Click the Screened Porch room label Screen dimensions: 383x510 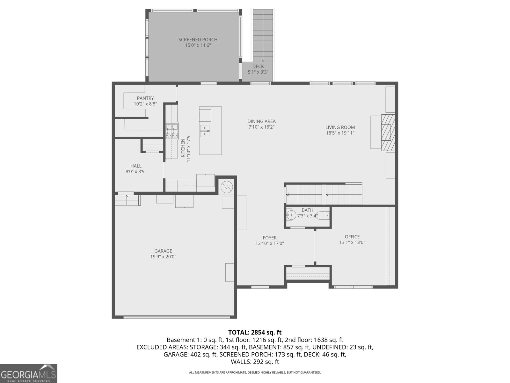point(198,40)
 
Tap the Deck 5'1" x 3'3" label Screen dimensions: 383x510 point(258,69)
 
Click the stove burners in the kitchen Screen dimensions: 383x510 point(171,131)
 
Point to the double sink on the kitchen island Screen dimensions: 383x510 point(204,131)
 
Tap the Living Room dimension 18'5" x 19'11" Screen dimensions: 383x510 point(340,133)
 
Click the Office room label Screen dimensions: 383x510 point(352,237)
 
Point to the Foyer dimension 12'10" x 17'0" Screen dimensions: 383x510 point(270,243)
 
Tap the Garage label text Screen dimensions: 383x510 point(163,251)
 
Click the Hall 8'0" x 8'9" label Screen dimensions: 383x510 point(136,169)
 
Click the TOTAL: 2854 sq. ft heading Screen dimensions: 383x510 point(255,333)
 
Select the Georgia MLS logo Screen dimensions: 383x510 point(28,373)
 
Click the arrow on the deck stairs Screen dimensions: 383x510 point(263,60)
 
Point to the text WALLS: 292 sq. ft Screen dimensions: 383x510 point(255,362)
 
